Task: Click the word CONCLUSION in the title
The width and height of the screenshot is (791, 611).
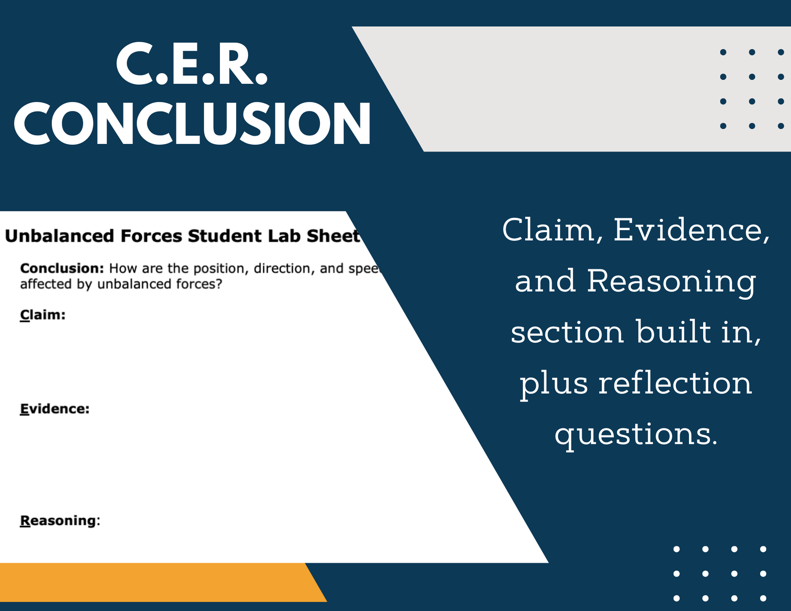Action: pos(193,124)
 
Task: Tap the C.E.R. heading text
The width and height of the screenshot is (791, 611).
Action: pos(192,64)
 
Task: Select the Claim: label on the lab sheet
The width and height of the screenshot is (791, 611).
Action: pos(43,315)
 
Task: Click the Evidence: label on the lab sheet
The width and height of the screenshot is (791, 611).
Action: pos(54,409)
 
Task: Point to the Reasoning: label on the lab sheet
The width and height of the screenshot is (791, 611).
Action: pos(60,521)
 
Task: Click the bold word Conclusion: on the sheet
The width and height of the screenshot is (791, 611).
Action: pos(62,268)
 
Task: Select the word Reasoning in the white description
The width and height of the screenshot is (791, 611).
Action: pos(671,281)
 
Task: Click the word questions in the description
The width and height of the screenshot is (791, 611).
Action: pos(636,435)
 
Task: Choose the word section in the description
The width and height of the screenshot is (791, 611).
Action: pos(567,332)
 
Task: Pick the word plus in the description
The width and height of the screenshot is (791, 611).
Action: pos(554,384)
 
